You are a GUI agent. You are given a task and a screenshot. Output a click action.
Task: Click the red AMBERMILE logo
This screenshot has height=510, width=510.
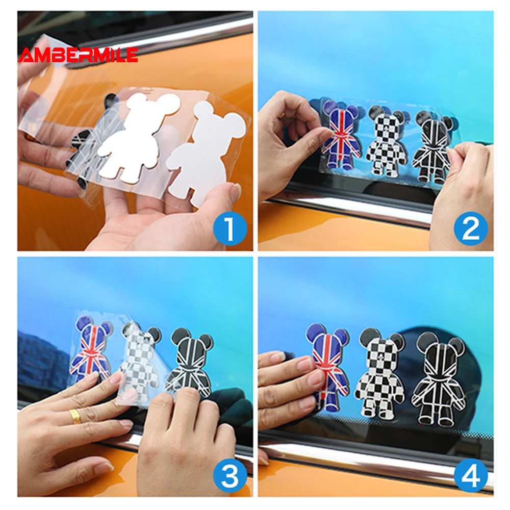[x=78, y=55]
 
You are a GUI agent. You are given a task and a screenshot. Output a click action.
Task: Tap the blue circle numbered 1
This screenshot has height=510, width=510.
[x=230, y=228]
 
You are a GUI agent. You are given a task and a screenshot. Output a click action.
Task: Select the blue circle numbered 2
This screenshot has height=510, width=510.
[x=470, y=228]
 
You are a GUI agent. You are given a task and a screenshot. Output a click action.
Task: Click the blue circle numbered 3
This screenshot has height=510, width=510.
[x=230, y=475]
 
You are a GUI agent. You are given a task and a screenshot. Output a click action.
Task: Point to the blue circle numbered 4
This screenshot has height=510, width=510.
[x=470, y=475]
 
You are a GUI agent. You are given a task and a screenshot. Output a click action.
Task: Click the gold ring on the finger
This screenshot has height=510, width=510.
[x=75, y=416]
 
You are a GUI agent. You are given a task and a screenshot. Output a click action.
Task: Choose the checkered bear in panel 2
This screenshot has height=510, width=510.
[x=387, y=141]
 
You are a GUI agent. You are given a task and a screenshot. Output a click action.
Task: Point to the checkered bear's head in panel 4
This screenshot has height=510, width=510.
[x=381, y=350]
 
